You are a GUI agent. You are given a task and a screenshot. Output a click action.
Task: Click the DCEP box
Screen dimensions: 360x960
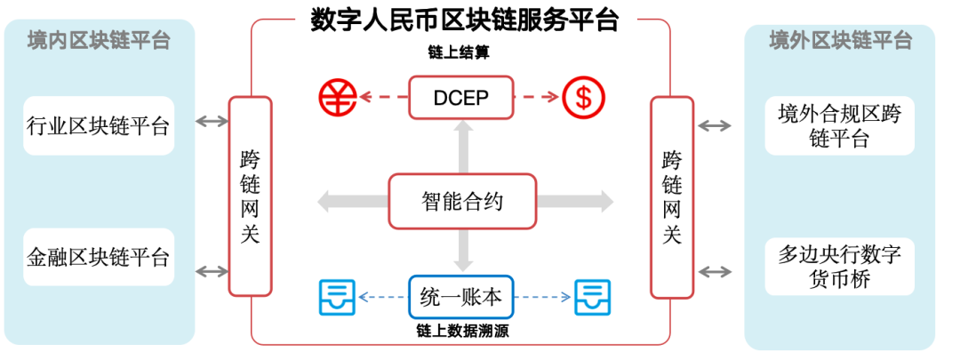tap(462, 98)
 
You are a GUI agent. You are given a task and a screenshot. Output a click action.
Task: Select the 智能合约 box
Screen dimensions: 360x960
tap(462, 202)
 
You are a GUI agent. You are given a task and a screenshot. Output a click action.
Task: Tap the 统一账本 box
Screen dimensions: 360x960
tap(462, 298)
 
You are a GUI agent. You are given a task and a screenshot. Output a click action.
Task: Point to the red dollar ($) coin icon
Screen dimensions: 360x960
tap(583, 97)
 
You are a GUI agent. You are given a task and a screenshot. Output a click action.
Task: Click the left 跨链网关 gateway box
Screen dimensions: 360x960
tap(251, 196)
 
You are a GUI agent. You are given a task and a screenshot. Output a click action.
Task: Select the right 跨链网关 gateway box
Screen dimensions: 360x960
tap(673, 196)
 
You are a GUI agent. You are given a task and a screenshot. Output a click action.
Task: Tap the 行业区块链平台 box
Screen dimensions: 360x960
tap(99, 125)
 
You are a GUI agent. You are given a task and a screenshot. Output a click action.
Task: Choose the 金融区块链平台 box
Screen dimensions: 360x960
tap(99, 257)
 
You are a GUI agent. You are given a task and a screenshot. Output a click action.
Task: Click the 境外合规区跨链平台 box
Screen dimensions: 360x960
tap(840, 125)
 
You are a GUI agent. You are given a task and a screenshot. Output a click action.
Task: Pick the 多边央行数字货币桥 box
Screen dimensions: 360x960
tap(840, 267)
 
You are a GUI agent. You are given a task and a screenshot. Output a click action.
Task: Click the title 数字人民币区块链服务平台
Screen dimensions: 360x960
tap(464, 20)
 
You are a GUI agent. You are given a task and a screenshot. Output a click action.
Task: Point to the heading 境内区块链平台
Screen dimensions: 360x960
tap(99, 41)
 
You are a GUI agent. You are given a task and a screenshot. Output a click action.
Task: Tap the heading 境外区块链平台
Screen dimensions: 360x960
tap(840, 41)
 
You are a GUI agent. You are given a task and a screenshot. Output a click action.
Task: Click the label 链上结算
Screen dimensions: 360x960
tap(460, 54)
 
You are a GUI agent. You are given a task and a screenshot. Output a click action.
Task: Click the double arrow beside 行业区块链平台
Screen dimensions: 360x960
tap(212, 122)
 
